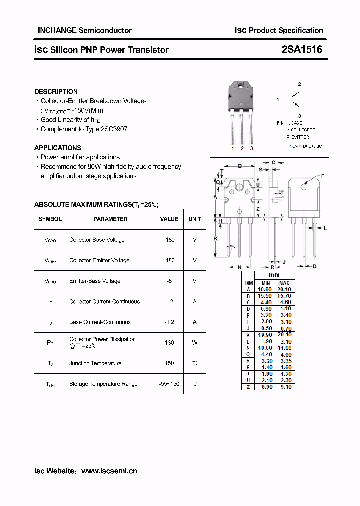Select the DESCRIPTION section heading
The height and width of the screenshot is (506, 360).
(56, 92)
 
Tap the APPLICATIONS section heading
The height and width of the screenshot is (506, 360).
(58, 148)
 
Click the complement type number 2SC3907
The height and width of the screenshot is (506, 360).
(114, 129)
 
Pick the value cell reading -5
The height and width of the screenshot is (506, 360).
(169, 281)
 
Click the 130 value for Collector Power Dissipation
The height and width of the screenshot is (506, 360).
(169, 343)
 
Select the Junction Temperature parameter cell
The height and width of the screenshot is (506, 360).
(95, 363)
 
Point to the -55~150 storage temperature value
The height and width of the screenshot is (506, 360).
(169, 384)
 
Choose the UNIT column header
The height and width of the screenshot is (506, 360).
(195, 219)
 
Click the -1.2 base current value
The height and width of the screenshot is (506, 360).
(169, 322)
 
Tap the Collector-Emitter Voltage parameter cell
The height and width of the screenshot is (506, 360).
(99, 260)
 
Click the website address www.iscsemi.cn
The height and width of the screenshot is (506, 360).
(109, 471)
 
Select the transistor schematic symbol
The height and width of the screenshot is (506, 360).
(294, 100)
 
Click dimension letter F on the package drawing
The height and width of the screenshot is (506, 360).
(323, 176)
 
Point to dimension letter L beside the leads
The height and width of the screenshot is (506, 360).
(325, 228)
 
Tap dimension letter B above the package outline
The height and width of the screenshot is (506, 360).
(240, 166)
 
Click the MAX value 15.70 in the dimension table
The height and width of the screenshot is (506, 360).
(284, 296)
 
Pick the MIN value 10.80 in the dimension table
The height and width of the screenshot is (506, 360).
(265, 348)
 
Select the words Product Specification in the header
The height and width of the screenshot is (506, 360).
(286, 30)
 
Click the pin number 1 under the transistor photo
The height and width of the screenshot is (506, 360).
(232, 148)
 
